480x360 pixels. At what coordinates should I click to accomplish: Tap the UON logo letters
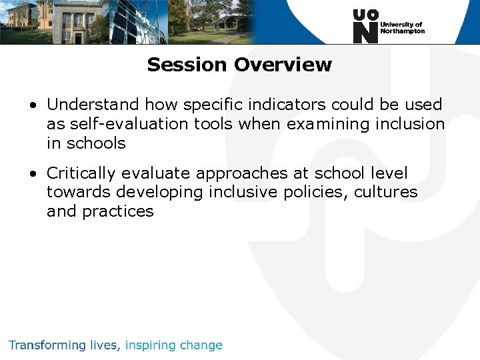pos(365,26)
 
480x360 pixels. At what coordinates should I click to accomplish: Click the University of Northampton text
pos(402,27)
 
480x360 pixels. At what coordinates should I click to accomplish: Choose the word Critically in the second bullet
pos(82,173)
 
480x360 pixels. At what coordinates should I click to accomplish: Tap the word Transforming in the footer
pos(47,345)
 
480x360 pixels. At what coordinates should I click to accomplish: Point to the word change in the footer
pos(200,345)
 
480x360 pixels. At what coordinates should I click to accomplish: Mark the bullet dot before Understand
pos(33,105)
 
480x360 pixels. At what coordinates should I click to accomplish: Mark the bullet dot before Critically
pos(33,174)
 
